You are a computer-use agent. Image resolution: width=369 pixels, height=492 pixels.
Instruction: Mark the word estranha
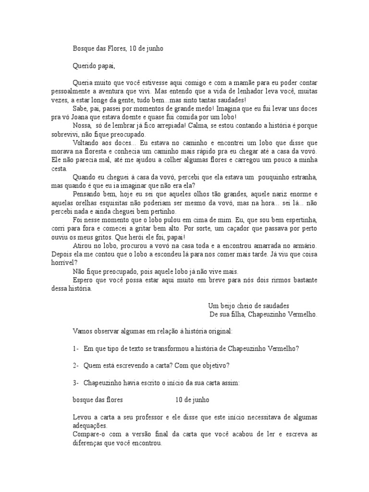click(x=301, y=177)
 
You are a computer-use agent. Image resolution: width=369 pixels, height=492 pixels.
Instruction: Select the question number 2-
click(x=76, y=365)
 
